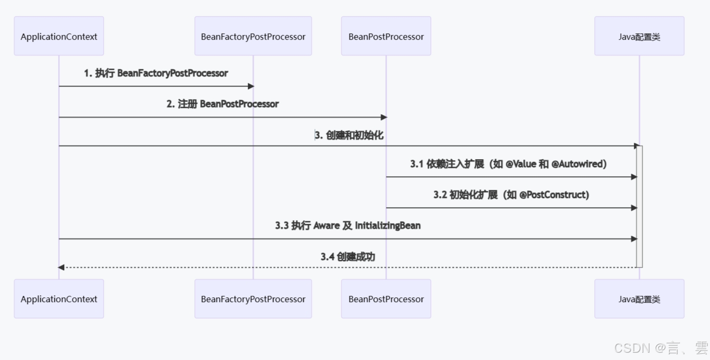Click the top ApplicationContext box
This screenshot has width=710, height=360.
[59, 36]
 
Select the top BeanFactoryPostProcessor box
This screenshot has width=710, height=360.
[253, 36]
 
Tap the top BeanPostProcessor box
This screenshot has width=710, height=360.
[386, 36]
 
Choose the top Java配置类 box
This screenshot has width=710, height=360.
[639, 36]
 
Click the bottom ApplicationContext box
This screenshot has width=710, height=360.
[59, 299]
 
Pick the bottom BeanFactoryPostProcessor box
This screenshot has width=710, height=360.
[253, 299]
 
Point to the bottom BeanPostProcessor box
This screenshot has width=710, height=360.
[386, 299]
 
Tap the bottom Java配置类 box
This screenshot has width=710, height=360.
[639, 299]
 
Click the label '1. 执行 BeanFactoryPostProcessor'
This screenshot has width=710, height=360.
[156, 73]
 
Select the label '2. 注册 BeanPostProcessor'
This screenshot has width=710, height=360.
[223, 104]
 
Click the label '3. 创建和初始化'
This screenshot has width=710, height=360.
[349, 135]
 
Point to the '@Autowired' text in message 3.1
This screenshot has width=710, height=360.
[579, 164]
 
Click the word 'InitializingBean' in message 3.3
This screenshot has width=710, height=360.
[388, 225]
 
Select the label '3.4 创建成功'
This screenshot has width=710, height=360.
[347, 257]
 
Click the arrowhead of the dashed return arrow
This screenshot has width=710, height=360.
[61, 267]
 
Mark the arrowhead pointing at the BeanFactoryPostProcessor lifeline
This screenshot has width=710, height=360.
[250, 86]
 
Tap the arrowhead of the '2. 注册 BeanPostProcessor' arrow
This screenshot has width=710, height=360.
[384, 117]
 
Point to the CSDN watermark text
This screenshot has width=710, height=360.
[660, 348]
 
